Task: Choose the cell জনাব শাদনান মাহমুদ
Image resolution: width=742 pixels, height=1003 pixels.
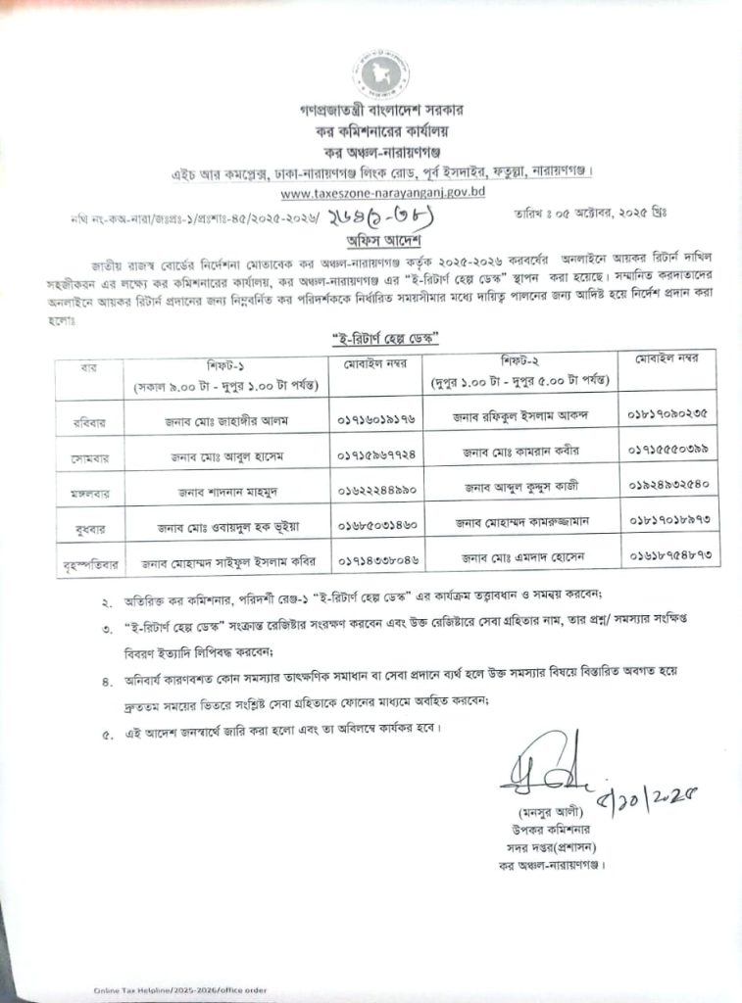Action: (216, 489)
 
